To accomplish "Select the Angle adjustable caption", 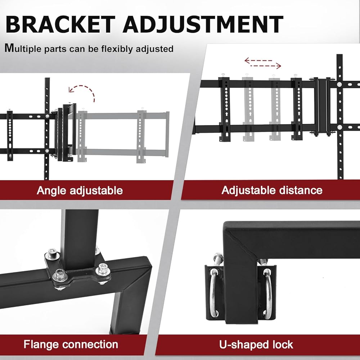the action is [x=80, y=190].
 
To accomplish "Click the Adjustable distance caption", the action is [x=272, y=190].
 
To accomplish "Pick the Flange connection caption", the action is [x=71, y=344].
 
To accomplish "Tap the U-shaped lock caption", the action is [x=256, y=344].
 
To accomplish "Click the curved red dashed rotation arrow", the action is [x=83, y=91].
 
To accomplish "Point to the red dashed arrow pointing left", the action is [x=258, y=60].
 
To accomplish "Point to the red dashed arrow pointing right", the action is [x=266, y=66].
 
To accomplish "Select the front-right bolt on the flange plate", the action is [x=103, y=268].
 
